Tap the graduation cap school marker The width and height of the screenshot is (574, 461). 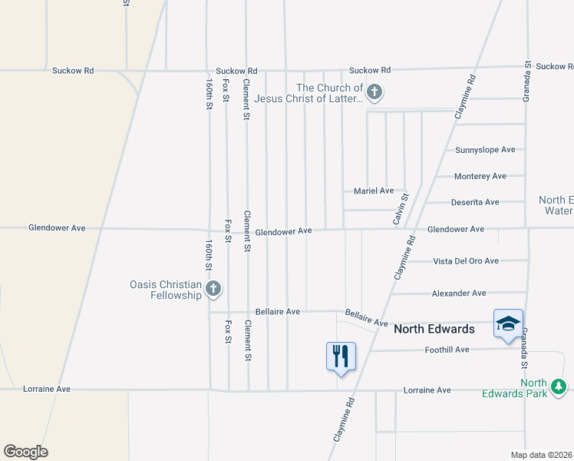point(508,324)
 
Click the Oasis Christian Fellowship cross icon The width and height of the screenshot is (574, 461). point(213,289)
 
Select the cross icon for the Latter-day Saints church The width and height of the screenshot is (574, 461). point(374,94)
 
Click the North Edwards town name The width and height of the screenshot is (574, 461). point(434,329)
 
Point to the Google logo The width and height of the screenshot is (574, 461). point(25,452)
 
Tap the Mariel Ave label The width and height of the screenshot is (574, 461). point(373,191)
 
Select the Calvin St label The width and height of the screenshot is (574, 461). point(399,209)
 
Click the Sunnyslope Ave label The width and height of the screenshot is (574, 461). point(485,150)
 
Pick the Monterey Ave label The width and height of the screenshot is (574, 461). point(480,176)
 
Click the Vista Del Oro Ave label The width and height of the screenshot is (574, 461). point(466,261)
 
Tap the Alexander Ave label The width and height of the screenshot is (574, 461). point(459,294)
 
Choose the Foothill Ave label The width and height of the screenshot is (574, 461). point(447,350)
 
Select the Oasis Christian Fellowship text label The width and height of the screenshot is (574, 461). point(164,290)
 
